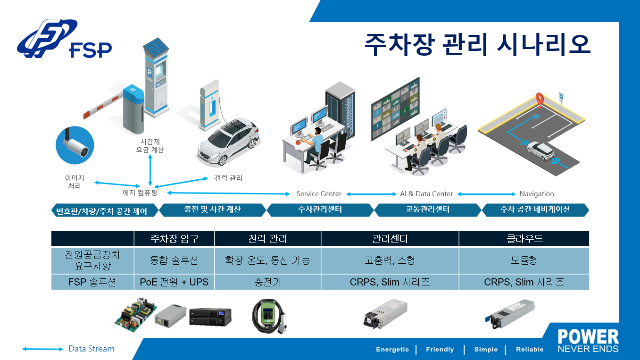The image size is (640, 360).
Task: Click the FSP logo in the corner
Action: coord(64,39)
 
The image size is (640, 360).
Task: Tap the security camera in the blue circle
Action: coord(75,145)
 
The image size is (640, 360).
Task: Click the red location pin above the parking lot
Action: coord(539,100)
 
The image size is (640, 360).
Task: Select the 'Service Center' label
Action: coord(319,194)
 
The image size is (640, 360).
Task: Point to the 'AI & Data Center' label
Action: coord(426,194)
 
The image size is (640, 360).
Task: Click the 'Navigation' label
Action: coord(537,194)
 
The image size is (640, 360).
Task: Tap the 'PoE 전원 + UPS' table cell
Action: coord(174,282)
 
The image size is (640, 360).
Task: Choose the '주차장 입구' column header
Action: coord(175,238)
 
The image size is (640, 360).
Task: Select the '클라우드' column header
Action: coord(524,238)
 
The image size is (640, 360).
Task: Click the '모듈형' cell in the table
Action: coord(524,260)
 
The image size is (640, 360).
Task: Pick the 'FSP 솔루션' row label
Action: coord(92,282)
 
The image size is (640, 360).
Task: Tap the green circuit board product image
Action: coord(135,314)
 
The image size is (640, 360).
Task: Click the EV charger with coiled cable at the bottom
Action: coord(268,316)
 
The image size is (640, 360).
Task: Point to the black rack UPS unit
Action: coord(210,317)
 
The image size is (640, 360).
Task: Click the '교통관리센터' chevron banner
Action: coord(428,210)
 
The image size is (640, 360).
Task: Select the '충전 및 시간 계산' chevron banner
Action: coord(212,210)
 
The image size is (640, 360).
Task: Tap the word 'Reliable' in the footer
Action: coord(530,350)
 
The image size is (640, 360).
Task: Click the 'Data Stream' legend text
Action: coord(91,349)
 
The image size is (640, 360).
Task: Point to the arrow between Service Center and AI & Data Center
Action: coord(371,194)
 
